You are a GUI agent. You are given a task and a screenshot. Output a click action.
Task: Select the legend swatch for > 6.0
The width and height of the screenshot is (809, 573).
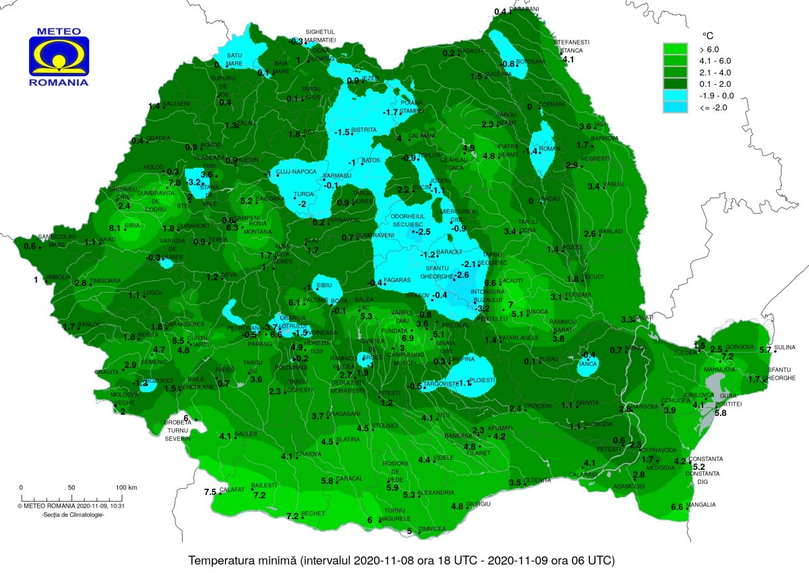tap(675, 49)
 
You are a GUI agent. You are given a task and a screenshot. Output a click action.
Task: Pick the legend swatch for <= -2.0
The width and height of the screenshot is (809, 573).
tap(675, 107)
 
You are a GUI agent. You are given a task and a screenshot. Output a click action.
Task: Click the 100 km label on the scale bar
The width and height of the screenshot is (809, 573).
tap(127, 487)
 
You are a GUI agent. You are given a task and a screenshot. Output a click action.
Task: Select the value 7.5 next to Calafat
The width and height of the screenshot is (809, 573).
tap(210, 491)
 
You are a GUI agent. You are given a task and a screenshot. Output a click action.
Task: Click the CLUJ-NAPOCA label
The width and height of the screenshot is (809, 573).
tap(295, 172)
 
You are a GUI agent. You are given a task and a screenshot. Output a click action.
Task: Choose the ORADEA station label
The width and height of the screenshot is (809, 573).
tap(159, 139)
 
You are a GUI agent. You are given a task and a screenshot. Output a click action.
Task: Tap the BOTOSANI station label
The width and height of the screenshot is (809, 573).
tap(531, 61)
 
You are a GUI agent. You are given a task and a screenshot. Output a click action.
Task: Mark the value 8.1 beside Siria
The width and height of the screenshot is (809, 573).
tap(115, 228)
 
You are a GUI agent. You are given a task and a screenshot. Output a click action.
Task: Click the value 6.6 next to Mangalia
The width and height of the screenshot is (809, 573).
tap(678, 507)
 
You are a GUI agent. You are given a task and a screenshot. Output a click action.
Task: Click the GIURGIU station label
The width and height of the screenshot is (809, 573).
tap(477, 504)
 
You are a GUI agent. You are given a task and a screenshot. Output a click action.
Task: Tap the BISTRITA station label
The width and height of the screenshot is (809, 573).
tap(364, 129)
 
